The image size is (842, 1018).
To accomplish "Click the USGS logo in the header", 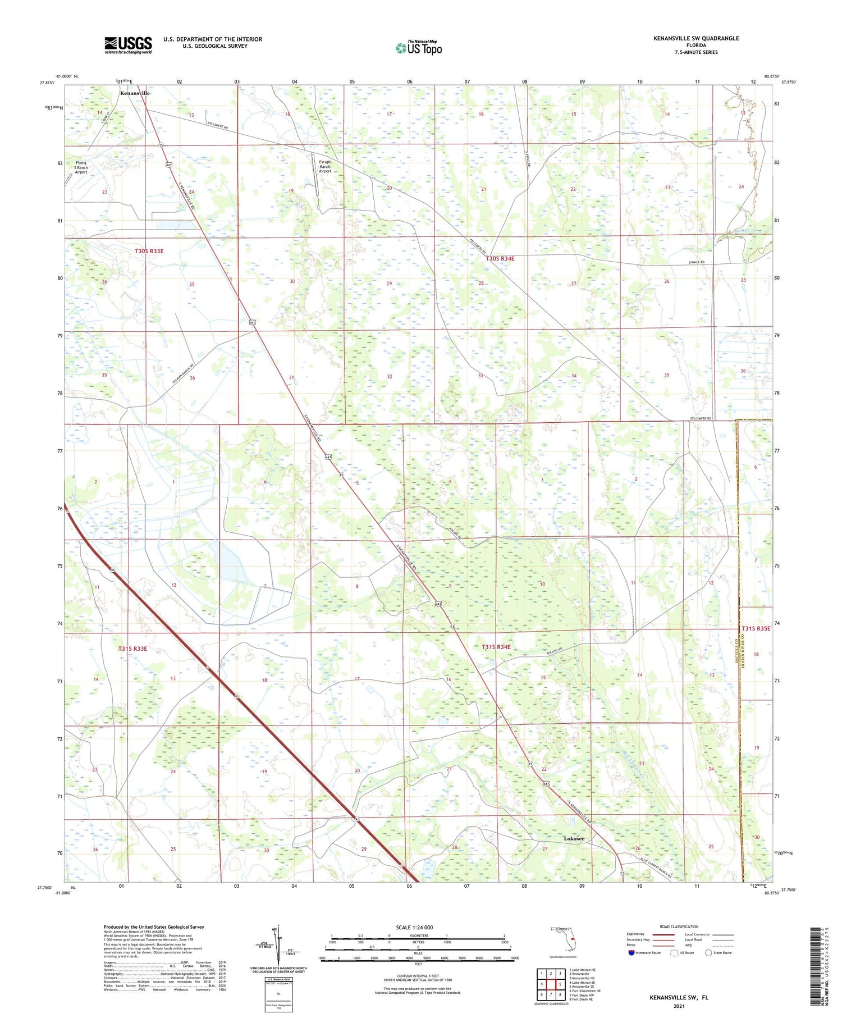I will coord(128,45).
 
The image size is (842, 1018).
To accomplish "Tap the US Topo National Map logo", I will coord(418,48).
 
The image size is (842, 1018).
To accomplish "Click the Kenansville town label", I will coord(135,93).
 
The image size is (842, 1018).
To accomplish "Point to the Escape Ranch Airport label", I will coord(325,167).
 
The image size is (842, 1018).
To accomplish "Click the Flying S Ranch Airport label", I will coord(81,167).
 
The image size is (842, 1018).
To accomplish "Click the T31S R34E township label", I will coord(496,647).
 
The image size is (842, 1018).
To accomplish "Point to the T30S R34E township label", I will coord(500,258).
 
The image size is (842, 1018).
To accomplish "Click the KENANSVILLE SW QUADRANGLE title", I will coord(695,38).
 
